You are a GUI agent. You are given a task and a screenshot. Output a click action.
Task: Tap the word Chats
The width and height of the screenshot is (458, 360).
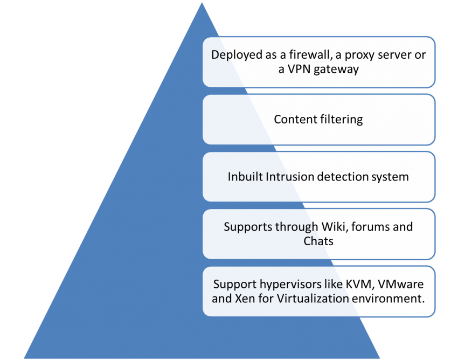(x=318, y=241)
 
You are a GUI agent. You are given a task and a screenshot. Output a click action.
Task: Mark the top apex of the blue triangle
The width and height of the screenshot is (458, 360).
(x=202, y=2)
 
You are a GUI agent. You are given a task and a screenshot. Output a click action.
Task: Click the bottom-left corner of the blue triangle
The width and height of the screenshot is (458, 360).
(x=23, y=358)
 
